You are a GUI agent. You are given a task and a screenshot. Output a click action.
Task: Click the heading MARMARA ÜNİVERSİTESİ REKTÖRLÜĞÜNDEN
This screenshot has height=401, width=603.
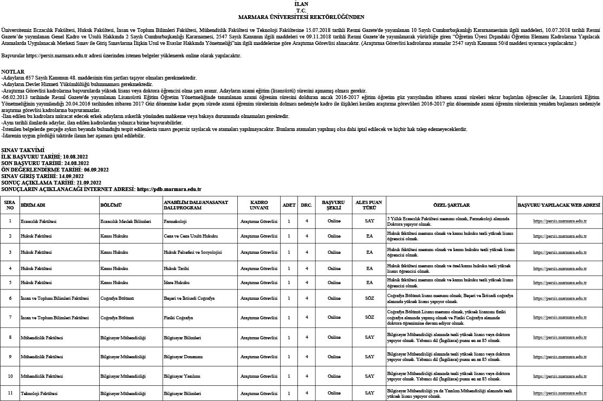tap(301, 17)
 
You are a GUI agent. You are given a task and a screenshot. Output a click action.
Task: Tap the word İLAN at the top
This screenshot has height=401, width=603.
tap(301, 4)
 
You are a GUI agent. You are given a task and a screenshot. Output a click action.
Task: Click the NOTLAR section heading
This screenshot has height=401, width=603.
tap(13, 71)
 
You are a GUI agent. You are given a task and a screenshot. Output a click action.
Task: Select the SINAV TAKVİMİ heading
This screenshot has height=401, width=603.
tap(23, 149)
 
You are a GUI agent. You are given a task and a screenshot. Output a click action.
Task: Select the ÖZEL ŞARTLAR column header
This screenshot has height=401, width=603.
tap(451, 205)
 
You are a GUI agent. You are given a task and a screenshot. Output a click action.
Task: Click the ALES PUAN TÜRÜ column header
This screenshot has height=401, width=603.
tap(369, 205)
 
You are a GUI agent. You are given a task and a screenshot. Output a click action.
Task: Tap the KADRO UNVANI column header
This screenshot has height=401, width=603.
tap(259, 205)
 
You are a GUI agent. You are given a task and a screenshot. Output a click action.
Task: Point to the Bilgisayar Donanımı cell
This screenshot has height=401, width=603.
tap(183, 357)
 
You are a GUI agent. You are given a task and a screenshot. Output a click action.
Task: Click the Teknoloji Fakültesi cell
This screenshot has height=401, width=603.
tap(39, 393)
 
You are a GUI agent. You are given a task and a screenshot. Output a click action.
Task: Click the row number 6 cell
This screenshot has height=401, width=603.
tap(10, 298)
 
